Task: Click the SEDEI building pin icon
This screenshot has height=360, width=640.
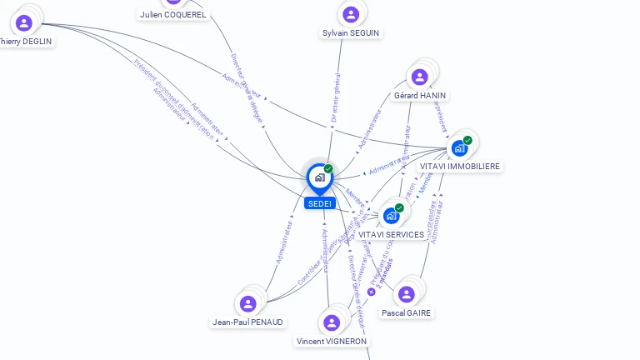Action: (x=319, y=177)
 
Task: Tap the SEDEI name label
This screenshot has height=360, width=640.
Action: (x=319, y=203)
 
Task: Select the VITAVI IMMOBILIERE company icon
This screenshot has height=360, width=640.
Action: (x=458, y=148)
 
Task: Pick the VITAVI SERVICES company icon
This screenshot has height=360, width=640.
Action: (x=391, y=216)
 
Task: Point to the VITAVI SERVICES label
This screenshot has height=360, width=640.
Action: (x=392, y=234)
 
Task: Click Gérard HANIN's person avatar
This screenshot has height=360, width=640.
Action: (x=419, y=77)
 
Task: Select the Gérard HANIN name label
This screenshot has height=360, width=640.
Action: (x=420, y=96)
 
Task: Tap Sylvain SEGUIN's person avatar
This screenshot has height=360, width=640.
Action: (x=351, y=14)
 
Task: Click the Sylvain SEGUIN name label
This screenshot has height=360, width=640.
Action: (x=351, y=33)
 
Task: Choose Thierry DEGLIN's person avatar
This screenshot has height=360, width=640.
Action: (x=24, y=22)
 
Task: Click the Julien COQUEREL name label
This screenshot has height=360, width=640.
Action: (x=173, y=15)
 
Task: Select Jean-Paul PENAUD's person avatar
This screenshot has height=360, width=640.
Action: (x=247, y=304)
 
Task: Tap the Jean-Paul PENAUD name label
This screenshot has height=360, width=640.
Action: (x=247, y=322)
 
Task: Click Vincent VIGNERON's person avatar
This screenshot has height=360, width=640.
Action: (x=332, y=322)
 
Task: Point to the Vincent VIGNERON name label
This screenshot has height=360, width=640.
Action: (x=332, y=341)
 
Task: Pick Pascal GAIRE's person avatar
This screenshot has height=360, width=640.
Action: (x=406, y=294)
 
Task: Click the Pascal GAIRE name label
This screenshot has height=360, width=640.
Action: (x=407, y=312)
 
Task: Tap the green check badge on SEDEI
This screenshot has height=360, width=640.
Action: (x=328, y=169)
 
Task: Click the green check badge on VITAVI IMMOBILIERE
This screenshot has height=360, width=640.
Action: (x=467, y=140)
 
